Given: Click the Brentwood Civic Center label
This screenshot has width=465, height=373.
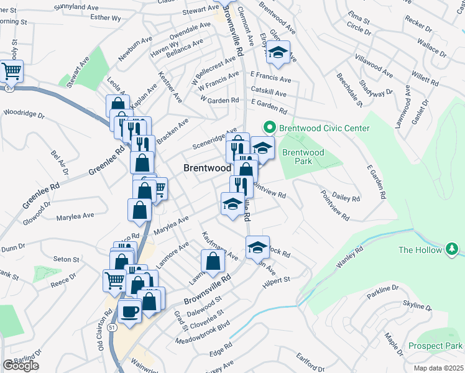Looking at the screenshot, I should tap(324, 129).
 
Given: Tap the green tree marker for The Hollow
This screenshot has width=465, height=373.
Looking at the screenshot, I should tap(452, 250).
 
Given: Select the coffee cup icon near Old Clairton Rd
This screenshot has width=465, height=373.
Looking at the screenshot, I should tap(130, 310).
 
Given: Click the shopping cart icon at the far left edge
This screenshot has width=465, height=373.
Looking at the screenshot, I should tap(12, 71).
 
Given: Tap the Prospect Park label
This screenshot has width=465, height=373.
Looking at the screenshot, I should tap(436, 346).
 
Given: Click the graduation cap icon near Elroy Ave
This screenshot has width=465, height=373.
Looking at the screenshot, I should tap(279, 53).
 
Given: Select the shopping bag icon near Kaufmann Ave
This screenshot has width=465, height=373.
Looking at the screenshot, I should tap(213, 262).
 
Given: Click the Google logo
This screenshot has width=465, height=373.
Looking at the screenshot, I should tap(21, 366).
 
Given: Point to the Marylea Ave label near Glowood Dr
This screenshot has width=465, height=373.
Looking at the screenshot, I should tap(75, 216).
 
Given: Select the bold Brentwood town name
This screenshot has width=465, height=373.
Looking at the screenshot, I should tap(208, 168).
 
